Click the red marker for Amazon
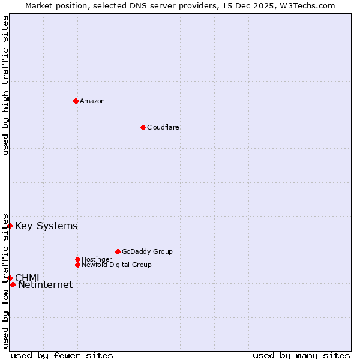[76, 101]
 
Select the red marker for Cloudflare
[143, 127]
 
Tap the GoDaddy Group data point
[118, 251]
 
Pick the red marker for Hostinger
[77, 259]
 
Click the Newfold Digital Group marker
[77, 265]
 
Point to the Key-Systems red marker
[10, 226]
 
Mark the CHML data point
[10, 278]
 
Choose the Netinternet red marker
[13, 284]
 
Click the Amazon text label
[92, 101]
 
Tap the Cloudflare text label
[163, 127]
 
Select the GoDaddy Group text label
[147, 251]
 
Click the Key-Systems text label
[46, 226]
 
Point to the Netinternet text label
[45, 285]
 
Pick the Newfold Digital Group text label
[116, 265]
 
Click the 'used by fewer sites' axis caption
[62, 355]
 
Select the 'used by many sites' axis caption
[301, 355]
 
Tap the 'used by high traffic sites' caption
[5, 85]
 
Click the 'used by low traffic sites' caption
[5, 281]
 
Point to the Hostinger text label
[97, 259]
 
